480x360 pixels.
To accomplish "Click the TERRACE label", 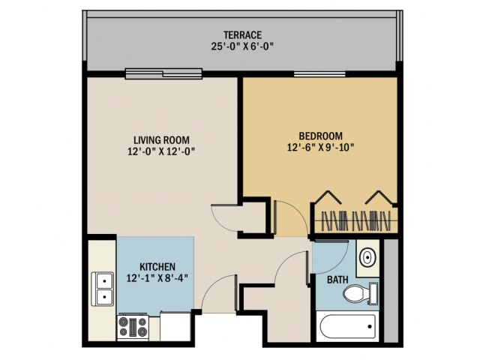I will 241,34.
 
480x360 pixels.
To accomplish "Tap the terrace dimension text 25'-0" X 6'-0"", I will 241,46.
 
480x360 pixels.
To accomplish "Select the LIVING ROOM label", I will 161,139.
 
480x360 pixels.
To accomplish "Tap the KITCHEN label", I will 157,267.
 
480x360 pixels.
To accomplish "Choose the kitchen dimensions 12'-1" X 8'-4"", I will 157,278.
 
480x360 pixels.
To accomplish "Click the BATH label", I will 337,280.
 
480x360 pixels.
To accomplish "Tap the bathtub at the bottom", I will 347,325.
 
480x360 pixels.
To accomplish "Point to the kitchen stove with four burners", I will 132,326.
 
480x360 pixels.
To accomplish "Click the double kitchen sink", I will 103,289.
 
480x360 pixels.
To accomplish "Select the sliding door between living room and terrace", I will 164,73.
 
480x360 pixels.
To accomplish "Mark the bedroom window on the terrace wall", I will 319,73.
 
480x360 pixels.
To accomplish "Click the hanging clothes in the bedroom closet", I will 357,222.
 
